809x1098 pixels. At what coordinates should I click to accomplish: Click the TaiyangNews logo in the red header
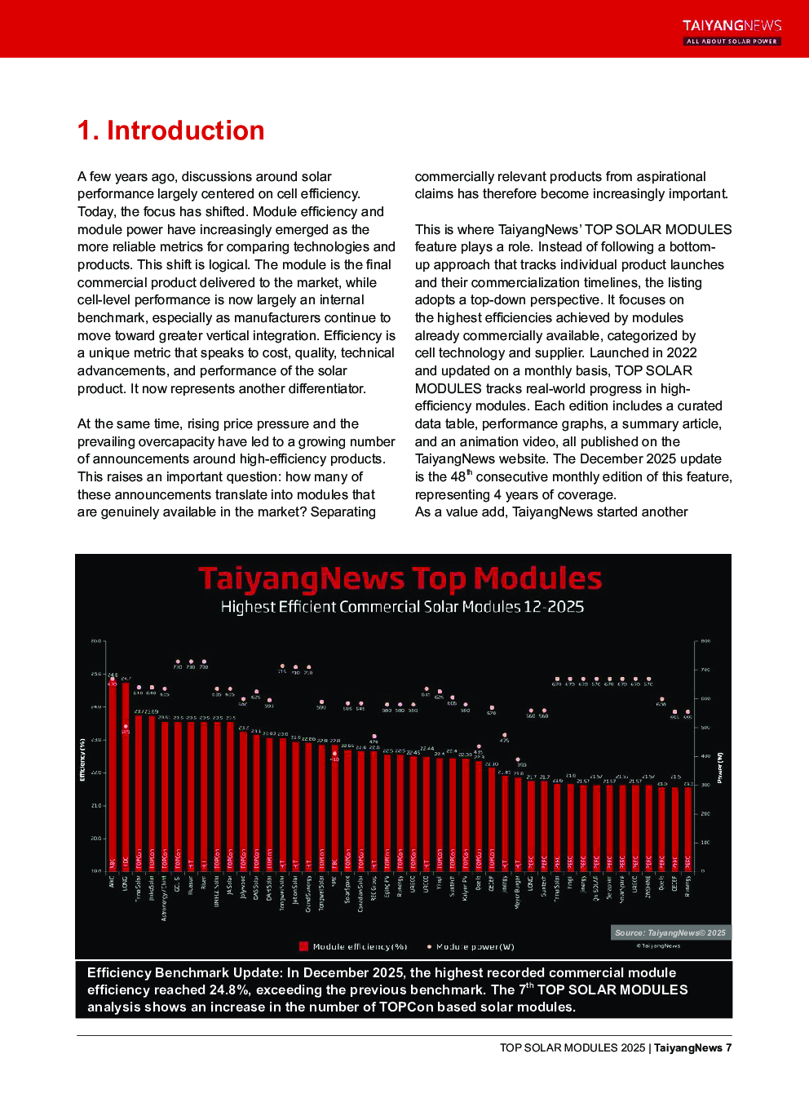(x=732, y=32)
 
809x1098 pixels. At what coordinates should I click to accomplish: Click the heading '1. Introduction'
(x=170, y=131)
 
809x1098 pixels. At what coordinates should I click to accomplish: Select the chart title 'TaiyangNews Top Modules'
(x=400, y=578)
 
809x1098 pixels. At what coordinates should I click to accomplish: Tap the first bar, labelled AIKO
(x=113, y=775)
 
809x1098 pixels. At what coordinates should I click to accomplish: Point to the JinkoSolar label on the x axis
(x=152, y=888)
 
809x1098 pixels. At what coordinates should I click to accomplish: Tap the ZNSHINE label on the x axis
(x=648, y=888)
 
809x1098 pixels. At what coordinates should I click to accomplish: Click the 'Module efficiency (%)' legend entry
(x=353, y=947)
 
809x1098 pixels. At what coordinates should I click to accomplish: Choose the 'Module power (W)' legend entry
(x=471, y=947)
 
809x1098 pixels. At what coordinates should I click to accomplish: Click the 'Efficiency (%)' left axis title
(x=82, y=759)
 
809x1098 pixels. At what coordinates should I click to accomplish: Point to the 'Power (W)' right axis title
(x=720, y=768)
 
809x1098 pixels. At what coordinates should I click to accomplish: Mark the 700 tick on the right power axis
(x=705, y=670)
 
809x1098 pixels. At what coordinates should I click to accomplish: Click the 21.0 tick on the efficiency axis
(x=95, y=805)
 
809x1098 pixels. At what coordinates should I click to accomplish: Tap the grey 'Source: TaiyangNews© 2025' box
(x=670, y=932)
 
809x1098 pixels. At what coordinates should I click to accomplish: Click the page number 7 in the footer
(x=728, y=1048)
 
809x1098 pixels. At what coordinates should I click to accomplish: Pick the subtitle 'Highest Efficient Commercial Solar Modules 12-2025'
(x=402, y=607)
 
